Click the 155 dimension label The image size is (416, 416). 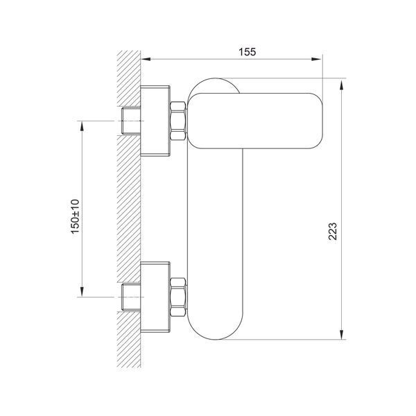(248, 52)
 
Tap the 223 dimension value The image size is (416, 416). (333, 232)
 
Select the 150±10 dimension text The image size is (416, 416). (75, 216)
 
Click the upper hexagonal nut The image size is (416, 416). (177, 121)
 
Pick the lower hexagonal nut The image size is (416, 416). (177, 297)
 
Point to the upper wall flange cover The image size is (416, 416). (155, 121)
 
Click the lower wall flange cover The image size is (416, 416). (155, 297)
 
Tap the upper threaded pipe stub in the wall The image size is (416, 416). (131, 121)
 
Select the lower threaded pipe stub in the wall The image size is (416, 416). (131, 297)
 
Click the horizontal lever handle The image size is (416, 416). (255, 121)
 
